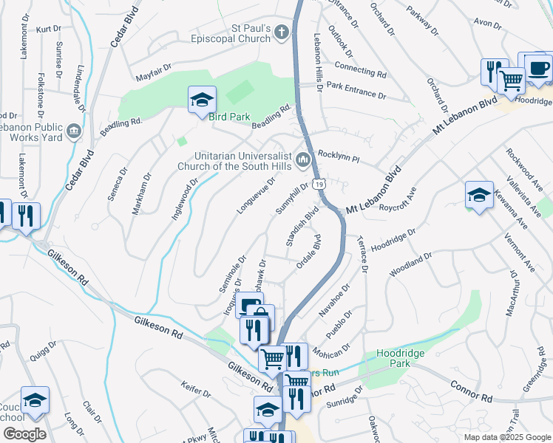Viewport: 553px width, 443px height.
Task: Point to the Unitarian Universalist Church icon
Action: coord(303,159)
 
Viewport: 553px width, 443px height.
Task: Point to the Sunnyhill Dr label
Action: coord(291,199)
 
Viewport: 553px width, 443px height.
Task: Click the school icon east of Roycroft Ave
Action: coord(479,194)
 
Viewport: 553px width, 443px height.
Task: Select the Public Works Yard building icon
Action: coord(73,132)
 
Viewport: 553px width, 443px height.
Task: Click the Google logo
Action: coord(24,434)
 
